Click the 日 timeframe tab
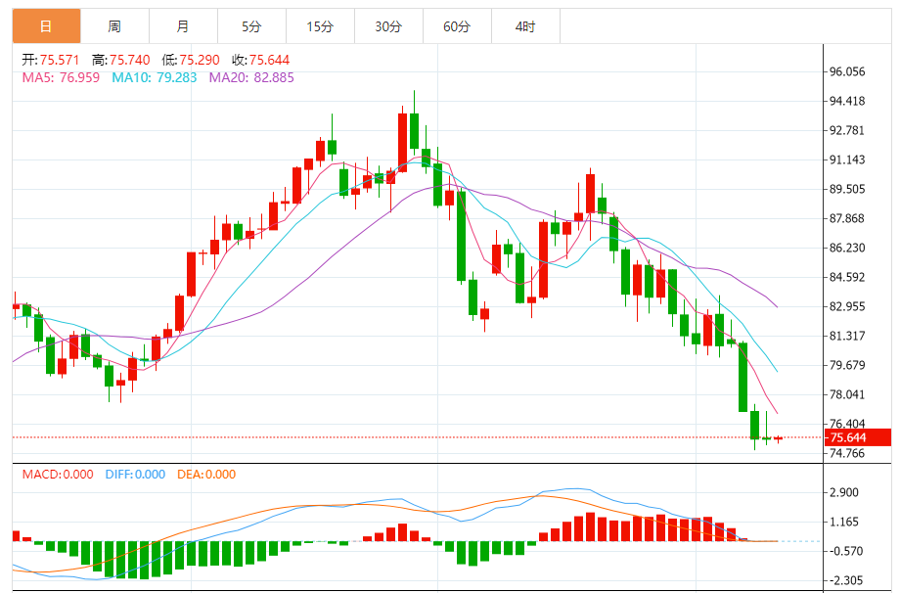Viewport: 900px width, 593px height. (x=46, y=27)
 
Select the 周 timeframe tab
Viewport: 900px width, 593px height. (x=114, y=27)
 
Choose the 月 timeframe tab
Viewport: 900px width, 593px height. (x=183, y=27)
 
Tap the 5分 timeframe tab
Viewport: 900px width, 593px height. (x=251, y=27)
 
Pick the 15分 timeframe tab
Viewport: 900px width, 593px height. (x=320, y=27)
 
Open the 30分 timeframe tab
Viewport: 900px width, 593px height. (x=388, y=27)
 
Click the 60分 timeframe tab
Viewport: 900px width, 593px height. (x=457, y=27)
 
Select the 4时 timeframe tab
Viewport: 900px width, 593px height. (x=525, y=27)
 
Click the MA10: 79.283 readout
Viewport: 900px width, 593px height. (x=154, y=76)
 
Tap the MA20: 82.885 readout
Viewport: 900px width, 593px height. (x=251, y=76)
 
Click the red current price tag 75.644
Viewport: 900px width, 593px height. (x=858, y=437)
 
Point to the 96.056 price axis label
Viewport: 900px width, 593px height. (x=847, y=71)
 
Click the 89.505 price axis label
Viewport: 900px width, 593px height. (x=847, y=189)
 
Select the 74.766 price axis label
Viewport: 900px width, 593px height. (x=847, y=453)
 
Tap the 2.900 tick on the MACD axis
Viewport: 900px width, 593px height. (x=843, y=492)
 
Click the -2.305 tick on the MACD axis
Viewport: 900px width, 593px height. (x=843, y=580)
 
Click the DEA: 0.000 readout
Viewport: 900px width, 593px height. (x=206, y=475)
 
